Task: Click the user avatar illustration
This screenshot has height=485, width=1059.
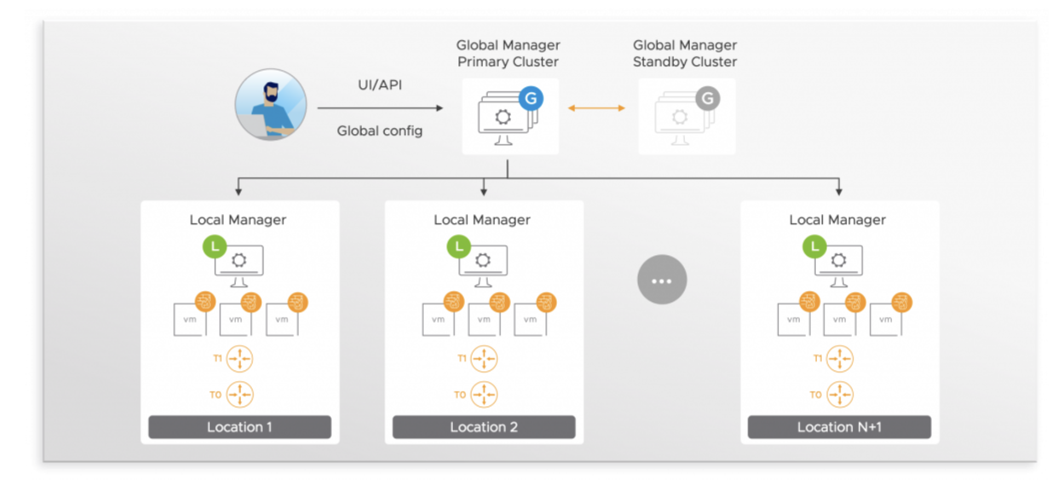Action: coord(270,104)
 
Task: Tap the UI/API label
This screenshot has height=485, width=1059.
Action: coord(379,85)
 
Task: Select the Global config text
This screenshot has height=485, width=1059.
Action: coord(379,131)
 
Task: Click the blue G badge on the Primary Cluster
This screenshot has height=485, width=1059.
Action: coord(531,99)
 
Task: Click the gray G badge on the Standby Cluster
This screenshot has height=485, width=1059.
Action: coord(707,99)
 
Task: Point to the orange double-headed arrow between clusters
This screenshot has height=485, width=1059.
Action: coord(596,108)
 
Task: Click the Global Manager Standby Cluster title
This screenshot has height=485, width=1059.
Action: coord(684,53)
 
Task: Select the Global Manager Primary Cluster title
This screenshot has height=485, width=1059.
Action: coord(508,53)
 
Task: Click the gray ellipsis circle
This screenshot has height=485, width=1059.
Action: coord(661,280)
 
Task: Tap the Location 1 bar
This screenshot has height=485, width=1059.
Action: coord(240,427)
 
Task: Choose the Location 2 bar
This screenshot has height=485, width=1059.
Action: coord(484,427)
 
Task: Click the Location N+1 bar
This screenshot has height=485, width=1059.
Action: coord(839,427)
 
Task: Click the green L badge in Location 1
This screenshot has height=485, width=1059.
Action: coord(215,247)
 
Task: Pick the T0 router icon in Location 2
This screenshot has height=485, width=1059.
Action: coord(484,394)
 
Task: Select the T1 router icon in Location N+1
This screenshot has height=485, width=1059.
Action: coord(839,359)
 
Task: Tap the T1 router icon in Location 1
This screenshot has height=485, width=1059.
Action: coord(240,359)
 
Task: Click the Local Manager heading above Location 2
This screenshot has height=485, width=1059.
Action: coord(482,220)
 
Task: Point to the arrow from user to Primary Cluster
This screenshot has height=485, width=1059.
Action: coord(380,108)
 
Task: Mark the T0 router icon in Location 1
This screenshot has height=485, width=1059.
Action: coord(240,394)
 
